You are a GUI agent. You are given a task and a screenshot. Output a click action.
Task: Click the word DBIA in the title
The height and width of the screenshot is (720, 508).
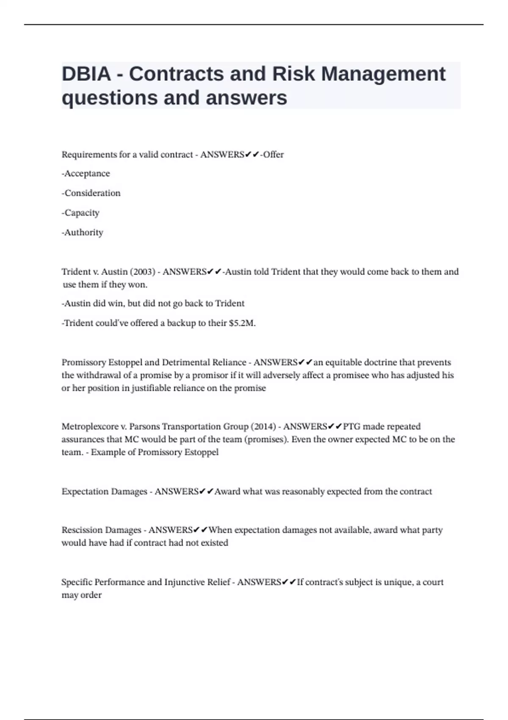point(86,74)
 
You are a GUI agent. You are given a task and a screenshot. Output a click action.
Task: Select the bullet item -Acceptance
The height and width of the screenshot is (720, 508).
point(86,174)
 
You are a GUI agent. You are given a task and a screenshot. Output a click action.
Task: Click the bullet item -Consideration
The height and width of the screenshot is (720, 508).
point(91,193)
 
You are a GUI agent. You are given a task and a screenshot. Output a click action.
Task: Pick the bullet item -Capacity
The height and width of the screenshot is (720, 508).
point(80,213)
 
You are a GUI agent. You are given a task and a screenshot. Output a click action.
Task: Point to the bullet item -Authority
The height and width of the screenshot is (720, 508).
point(83,233)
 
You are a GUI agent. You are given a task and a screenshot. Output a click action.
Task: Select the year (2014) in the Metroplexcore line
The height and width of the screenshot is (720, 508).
point(263,426)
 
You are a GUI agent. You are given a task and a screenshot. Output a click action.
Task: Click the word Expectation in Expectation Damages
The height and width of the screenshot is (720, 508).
point(85,492)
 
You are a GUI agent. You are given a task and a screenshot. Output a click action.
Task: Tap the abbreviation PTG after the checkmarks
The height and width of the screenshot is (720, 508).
point(351,426)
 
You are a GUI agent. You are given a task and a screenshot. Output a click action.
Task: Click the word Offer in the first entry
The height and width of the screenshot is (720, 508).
point(273,155)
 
